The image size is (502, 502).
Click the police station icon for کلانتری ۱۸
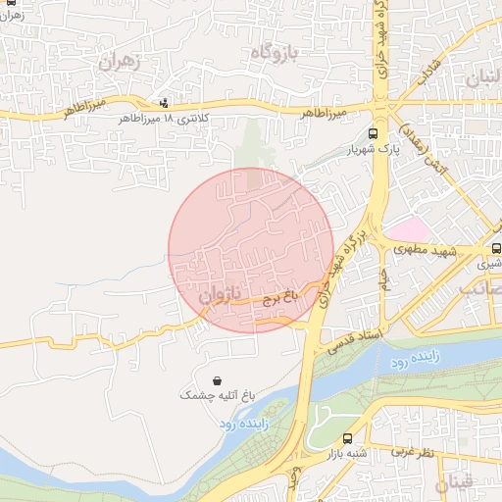[163, 102]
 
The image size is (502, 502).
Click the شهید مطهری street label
[427, 251]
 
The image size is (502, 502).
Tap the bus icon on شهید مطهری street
[496, 249]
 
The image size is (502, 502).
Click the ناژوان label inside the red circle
[219, 294]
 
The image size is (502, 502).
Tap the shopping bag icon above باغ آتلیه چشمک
[216, 380]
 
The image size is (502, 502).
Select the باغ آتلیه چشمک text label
[216, 396]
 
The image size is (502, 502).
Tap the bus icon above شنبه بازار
[348, 438]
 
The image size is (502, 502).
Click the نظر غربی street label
[413, 452]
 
